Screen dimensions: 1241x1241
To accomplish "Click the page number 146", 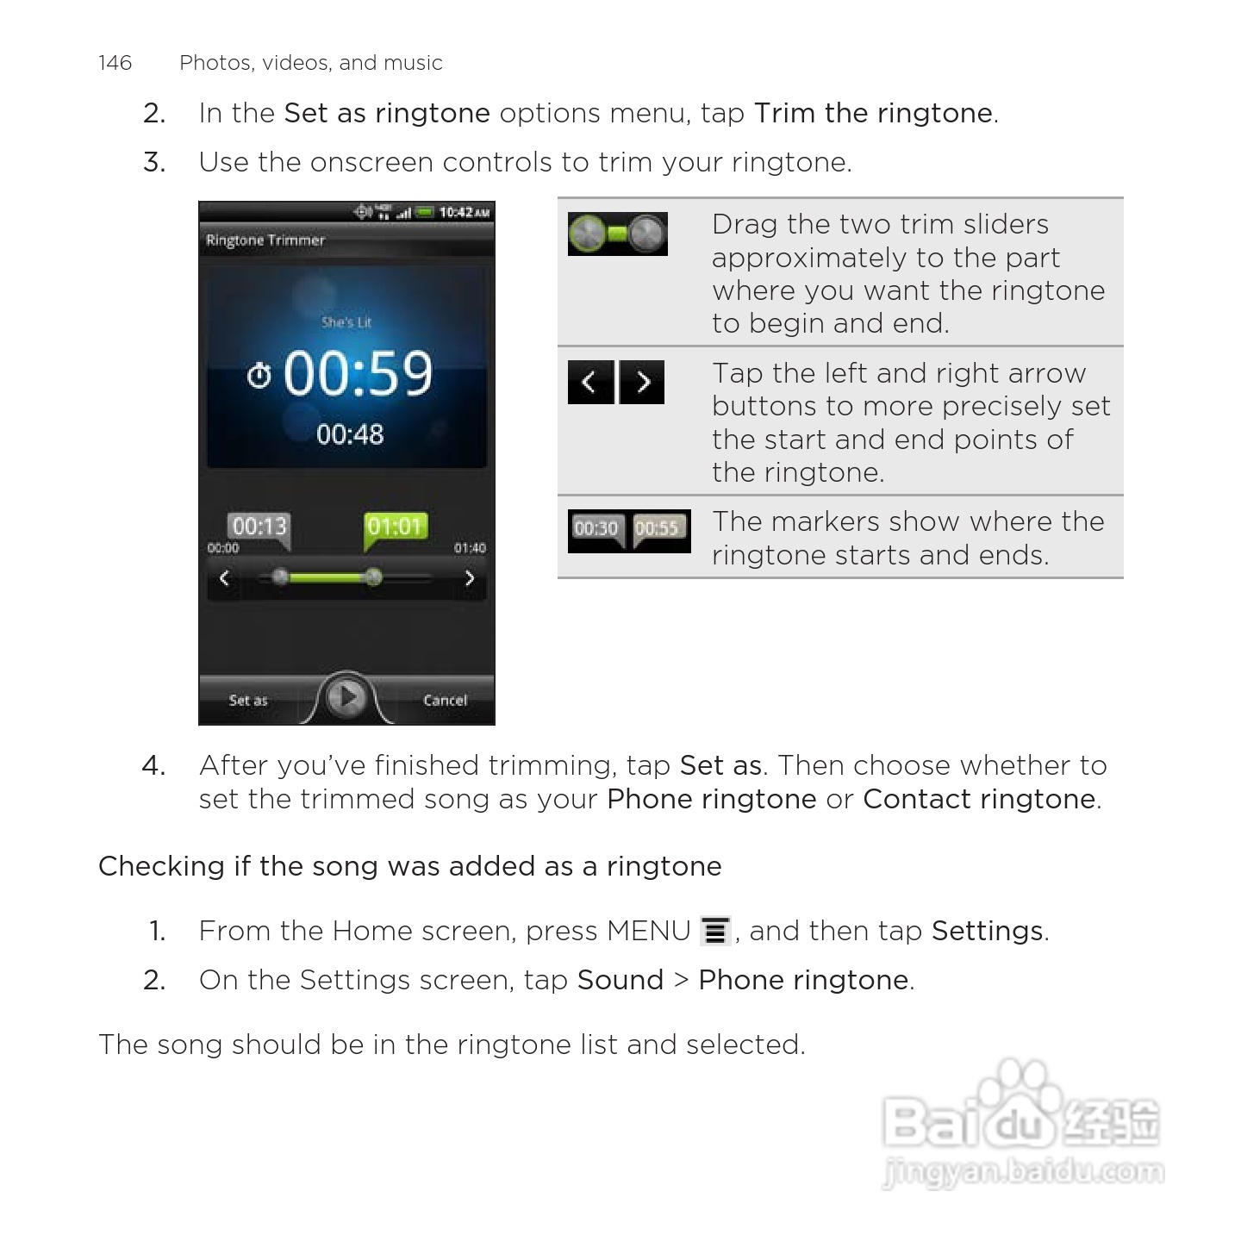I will coord(115,63).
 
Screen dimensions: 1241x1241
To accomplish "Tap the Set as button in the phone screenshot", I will coord(248,700).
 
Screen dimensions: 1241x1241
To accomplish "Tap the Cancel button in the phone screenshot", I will coord(445,700).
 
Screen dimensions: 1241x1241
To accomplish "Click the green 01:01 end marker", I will coord(395,527).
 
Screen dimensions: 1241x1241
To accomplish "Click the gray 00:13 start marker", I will coord(259,527).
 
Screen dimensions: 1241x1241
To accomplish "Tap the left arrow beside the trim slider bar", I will coord(224,578).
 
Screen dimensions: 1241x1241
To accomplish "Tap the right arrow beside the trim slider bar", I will coord(470,578).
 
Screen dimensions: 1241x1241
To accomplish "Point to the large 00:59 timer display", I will coord(357,374).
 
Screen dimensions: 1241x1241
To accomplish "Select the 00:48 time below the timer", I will coord(349,434).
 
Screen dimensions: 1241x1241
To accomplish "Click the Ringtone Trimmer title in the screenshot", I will coord(265,240).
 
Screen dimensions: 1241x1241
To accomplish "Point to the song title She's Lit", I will coord(346,322).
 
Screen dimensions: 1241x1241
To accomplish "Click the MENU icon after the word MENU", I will coord(715,931).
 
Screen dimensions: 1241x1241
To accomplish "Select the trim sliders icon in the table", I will coord(617,234).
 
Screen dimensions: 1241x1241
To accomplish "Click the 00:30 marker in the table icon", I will coord(596,528).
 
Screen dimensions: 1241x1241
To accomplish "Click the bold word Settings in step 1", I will coord(987,931).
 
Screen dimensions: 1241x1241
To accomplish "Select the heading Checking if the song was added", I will coord(409,866).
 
